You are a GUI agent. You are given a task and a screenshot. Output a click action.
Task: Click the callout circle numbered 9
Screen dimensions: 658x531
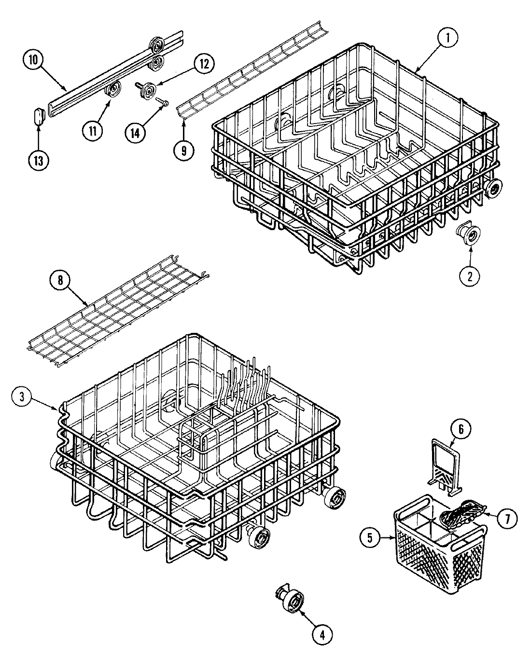(184, 150)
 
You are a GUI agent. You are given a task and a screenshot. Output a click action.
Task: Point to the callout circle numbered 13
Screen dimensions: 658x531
(39, 161)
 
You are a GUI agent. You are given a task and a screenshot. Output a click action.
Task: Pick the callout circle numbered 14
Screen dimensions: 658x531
(135, 131)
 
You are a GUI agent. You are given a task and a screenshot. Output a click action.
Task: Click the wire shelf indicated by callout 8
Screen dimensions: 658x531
(116, 309)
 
